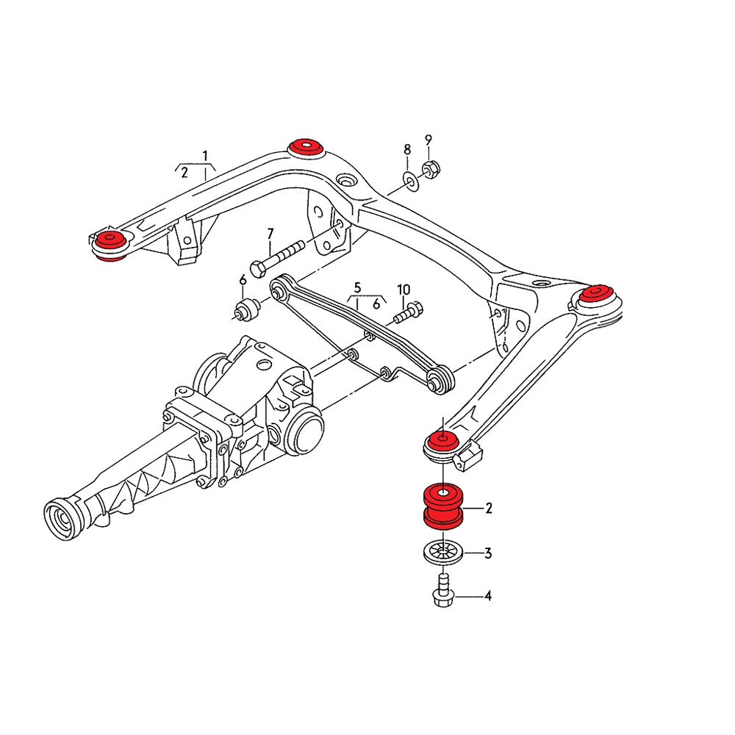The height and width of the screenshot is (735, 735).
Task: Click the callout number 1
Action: (206, 155)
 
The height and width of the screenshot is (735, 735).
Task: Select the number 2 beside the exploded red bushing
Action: (487, 508)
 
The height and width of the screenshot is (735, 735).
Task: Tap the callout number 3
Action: (487, 553)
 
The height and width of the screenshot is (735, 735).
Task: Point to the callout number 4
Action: (487, 596)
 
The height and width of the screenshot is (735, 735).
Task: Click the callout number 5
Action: (357, 287)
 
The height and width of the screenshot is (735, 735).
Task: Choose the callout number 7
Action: (270, 234)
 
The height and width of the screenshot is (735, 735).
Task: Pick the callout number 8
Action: (407, 150)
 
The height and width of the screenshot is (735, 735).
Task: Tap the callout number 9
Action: (429, 140)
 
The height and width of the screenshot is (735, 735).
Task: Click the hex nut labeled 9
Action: (431, 169)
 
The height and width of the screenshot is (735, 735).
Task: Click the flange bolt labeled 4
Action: (442, 591)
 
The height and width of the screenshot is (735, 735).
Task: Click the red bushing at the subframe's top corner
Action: (306, 146)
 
